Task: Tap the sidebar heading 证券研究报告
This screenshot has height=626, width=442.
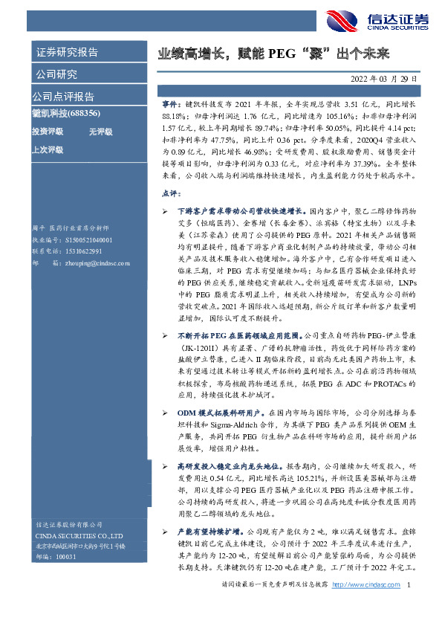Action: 66,52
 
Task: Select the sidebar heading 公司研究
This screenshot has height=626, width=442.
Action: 56,74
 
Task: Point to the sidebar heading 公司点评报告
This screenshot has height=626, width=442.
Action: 62,97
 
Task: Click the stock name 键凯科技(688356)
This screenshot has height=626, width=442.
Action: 66,113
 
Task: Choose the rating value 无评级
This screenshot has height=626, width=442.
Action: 100,131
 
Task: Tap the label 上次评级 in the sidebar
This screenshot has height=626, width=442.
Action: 46,149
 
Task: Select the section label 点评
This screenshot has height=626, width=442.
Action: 171,193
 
